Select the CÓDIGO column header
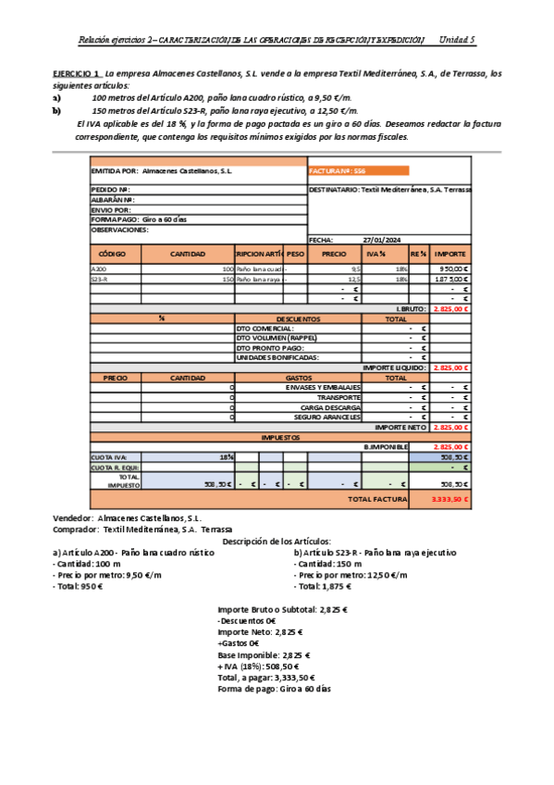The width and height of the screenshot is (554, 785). coord(116,254)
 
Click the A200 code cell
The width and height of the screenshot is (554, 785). coord(100,269)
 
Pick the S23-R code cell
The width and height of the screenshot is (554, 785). coord(101,279)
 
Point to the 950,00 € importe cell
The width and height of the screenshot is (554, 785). coord(451,269)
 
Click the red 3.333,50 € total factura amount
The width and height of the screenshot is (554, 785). coord(450,499)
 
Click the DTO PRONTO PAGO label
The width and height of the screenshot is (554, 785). coord(270,347)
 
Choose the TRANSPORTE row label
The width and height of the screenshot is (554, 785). coord(339,396)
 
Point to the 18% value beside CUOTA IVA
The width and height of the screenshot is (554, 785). coord(226,456)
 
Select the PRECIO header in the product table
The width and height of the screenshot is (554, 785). coord(334,254)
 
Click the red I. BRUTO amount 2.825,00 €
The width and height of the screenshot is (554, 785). coord(450,308)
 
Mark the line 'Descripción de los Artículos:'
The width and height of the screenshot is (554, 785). coord(277,541)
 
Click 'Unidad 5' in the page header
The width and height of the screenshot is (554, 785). coord(456,40)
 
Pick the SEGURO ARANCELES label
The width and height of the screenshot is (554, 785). coord(328,417)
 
